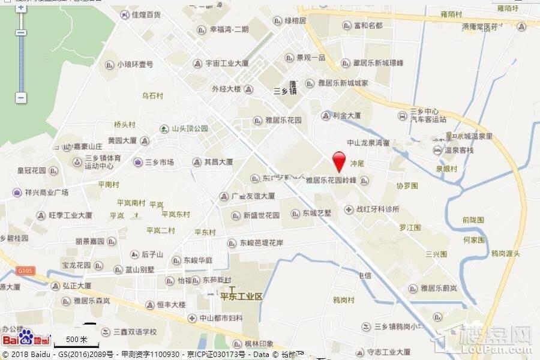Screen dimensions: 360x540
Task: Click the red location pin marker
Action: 339,161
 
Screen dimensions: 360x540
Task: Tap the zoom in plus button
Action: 21,8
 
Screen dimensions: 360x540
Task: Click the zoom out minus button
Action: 21,97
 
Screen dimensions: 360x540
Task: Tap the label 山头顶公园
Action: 190,128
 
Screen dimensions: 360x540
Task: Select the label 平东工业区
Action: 242,296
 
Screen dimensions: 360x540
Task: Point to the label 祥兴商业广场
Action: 47,193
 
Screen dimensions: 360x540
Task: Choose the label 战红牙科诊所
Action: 378,209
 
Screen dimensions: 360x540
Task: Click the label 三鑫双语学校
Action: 136,332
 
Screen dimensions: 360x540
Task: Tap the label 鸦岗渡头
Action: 506,254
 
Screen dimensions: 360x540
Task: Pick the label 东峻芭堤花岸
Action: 261,243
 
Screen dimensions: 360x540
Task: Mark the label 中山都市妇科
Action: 221,318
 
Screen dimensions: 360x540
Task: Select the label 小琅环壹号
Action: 135,65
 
